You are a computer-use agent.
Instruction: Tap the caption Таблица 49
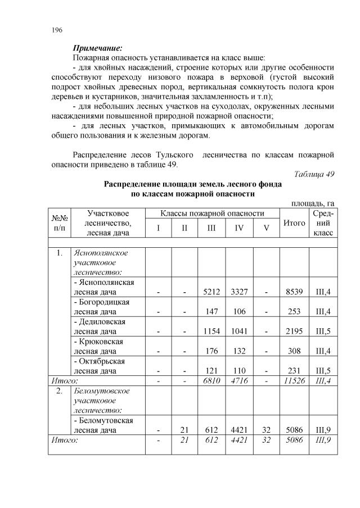click(x=314, y=174)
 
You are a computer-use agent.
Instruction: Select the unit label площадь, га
click(x=313, y=203)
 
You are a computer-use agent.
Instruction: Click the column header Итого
click(x=294, y=223)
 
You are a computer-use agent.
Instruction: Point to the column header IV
click(x=237, y=228)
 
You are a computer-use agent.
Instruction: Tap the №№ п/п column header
click(x=60, y=223)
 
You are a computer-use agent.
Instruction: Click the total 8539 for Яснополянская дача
click(x=294, y=292)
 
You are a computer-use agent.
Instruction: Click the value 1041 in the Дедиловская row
click(x=237, y=331)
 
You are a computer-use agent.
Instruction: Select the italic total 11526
click(x=294, y=381)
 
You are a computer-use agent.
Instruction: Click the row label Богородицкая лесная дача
click(x=101, y=306)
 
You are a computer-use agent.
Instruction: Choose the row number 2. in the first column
click(x=60, y=391)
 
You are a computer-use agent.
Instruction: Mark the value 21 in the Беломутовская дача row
click(x=184, y=430)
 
